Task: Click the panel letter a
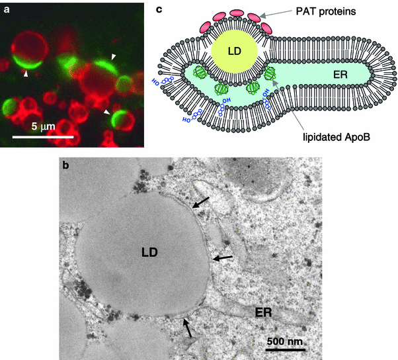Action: [7, 10]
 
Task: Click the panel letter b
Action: [66, 165]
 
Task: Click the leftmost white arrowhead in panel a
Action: [26, 75]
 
